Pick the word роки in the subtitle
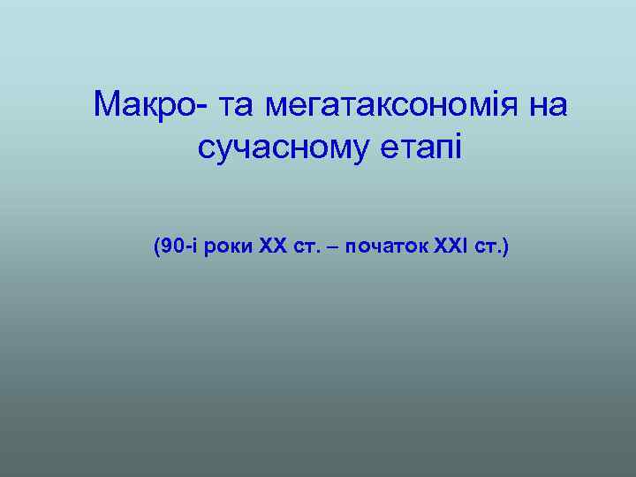231,245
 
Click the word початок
388,245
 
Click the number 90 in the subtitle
170,245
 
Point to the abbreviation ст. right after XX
307,245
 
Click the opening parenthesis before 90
155,245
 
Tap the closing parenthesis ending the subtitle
505,245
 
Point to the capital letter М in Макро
105,107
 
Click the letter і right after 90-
192,245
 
